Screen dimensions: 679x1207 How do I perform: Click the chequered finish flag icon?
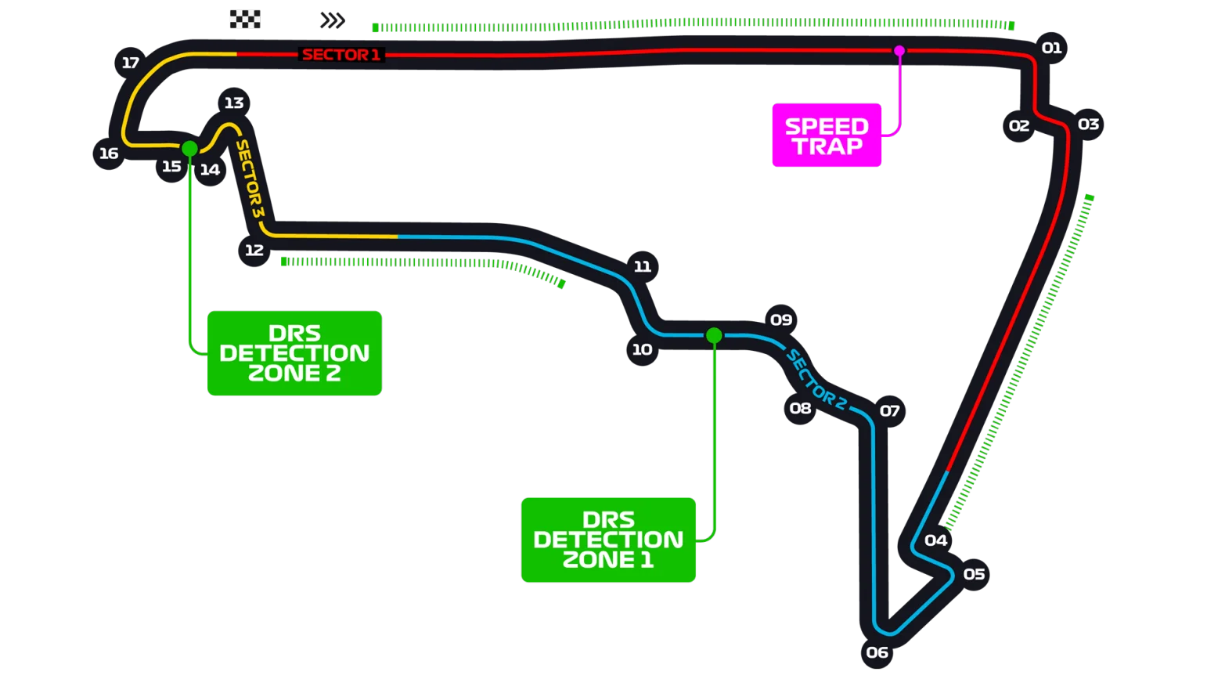pyautogui.click(x=244, y=19)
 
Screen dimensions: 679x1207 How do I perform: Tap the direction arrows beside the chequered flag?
pyautogui.click(x=333, y=20)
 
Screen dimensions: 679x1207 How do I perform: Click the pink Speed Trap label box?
pyautogui.click(x=827, y=135)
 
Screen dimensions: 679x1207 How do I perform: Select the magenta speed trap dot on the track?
pyautogui.click(x=899, y=51)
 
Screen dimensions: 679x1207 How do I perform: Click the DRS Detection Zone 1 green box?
pyautogui.click(x=608, y=540)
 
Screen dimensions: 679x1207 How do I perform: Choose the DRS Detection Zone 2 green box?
pyautogui.click(x=294, y=353)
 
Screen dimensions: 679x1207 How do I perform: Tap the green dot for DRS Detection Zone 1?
pyautogui.click(x=714, y=335)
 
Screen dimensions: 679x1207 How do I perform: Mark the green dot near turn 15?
pyautogui.click(x=189, y=148)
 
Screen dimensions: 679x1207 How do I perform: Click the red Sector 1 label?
pyautogui.click(x=340, y=55)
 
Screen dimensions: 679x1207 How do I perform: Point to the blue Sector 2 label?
pyautogui.click(x=816, y=380)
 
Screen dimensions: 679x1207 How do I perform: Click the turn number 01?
pyautogui.click(x=1051, y=48)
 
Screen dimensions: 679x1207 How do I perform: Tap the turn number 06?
pyautogui.click(x=877, y=652)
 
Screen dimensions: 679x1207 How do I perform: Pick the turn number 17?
pyautogui.click(x=130, y=63)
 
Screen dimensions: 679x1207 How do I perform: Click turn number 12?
pyautogui.click(x=254, y=250)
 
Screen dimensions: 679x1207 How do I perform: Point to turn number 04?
pyautogui.click(x=935, y=540)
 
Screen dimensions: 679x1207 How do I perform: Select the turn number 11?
pyautogui.click(x=642, y=266)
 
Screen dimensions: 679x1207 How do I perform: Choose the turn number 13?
pyautogui.click(x=233, y=103)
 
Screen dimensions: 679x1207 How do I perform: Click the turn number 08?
pyautogui.click(x=800, y=408)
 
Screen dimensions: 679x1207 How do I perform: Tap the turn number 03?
pyautogui.click(x=1088, y=124)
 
